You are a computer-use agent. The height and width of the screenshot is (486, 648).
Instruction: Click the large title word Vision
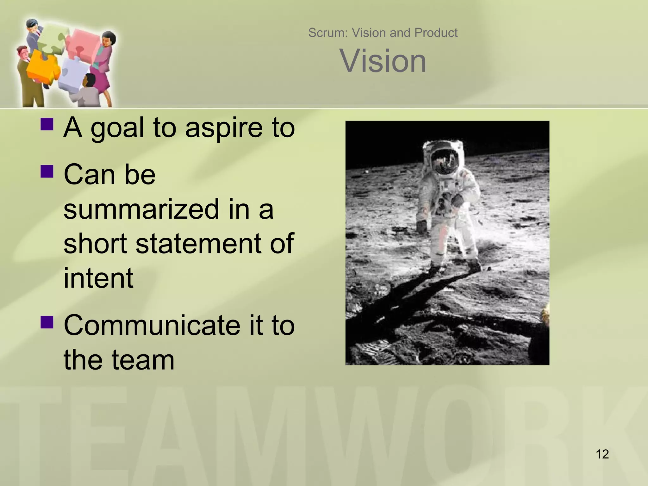tap(383, 61)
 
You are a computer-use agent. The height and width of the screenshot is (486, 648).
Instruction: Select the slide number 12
tap(602, 454)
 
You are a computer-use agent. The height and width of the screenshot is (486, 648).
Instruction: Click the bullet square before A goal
tap(47, 124)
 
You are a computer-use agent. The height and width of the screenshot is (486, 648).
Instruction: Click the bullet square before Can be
tap(47, 171)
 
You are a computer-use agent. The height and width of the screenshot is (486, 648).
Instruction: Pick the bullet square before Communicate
tap(47, 321)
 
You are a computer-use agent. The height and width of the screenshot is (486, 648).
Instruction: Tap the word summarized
tap(141, 209)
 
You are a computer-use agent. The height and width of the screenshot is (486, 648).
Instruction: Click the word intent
tap(98, 278)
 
